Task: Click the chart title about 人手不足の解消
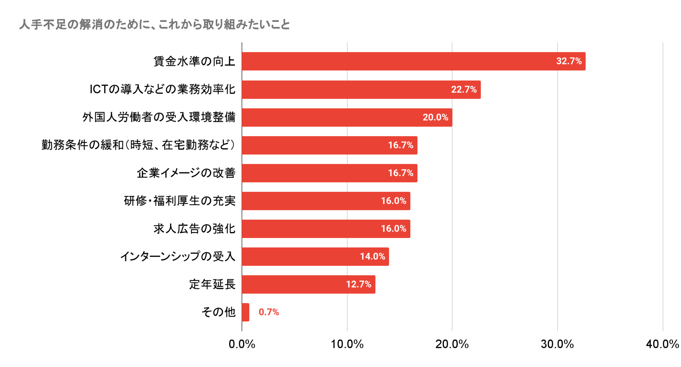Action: coord(154,25)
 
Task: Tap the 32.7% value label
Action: coord(569,61)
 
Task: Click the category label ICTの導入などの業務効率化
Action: coord(162,89)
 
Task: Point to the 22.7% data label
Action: coord(464,89)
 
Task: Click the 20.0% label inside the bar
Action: coord(435,117)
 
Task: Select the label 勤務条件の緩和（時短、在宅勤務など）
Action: coord(138,145)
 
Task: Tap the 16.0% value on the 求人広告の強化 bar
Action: coord(393,229)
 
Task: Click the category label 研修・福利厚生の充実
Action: coord(180,201)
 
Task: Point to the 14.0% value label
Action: coord(372,257)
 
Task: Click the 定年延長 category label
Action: coord(212,285)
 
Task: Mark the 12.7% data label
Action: coord(358,285)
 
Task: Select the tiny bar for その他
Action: coord(245,312)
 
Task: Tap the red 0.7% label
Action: coord(269,312)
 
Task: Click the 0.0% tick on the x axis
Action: coord(242,344)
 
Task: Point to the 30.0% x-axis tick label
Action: coord(557,344)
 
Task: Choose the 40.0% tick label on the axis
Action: coord(662,344)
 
